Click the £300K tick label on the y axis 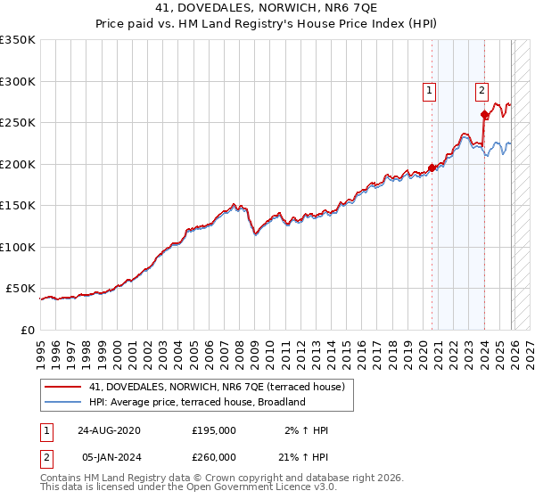click(x=18, y=81)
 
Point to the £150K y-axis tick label click(x=18, y=206)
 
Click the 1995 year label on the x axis click(x=41, y=348)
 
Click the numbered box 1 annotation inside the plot click(x=430, y=89)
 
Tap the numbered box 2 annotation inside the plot click(x=481, y=89)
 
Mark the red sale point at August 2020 click(x=432, y=168)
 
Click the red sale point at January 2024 click(x=484, y=114)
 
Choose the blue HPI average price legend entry click(x=197, y=402)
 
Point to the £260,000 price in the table click(x=214, y=457)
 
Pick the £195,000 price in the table click(x=214, y=430)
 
